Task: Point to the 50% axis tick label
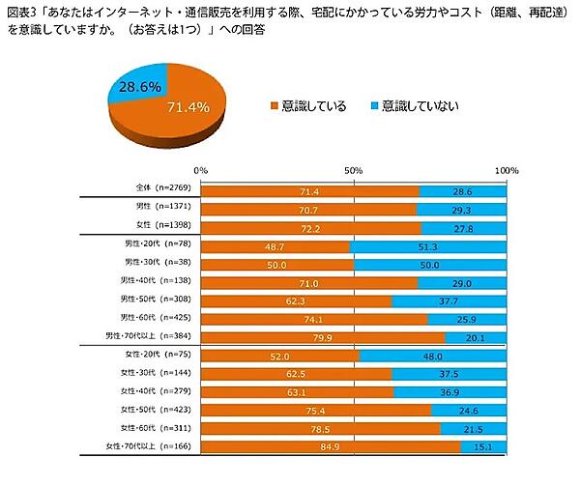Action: pos(354,170)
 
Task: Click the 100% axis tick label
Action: pos(506,170)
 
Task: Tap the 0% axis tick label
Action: pos(201,170)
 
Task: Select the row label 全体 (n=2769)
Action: pos(158,190)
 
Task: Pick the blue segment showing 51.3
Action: pos(429,246)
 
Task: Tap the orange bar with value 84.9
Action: pos(331,446)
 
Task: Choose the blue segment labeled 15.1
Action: pos(484,446)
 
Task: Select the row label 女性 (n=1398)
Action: pos(158,226)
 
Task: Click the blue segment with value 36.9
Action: pos(451,392)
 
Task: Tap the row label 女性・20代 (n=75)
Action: pos(152,356)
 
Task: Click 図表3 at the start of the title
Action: pos(18,12)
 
